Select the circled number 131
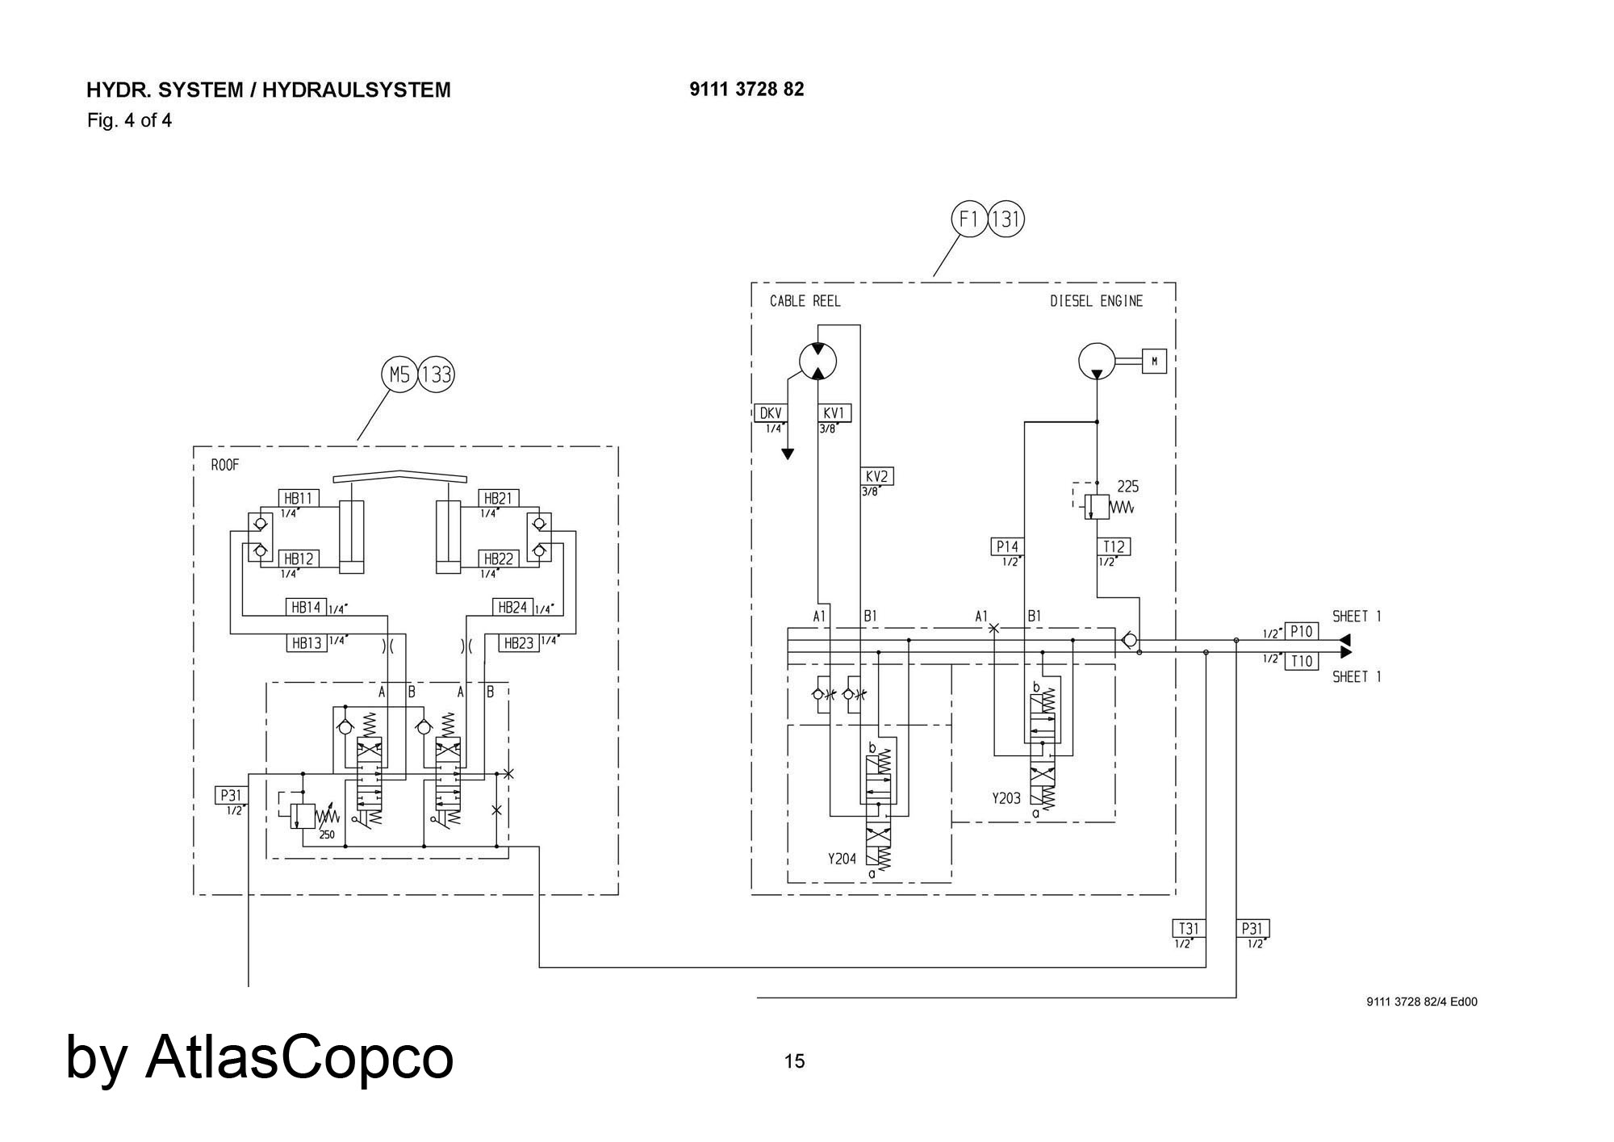click(1006, 219)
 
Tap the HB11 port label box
click(298, 498)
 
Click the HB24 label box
click(512, 607)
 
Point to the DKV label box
click(771, 413)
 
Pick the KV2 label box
click(876, 476)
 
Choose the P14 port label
click(1007, 546)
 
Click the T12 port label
click(1114, 546)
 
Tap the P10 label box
click(1301, 631)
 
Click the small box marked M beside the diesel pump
click(1154, 361)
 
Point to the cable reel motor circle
click(817, 361)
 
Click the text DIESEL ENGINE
click(1096, 301)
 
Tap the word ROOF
click(225, 465)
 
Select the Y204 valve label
click(842, 859)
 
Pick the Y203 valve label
click(1006, 798)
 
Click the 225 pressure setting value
click(1127, 487)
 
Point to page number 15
click(794, 1061)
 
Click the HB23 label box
click(519, 643)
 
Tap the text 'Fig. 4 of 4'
click(129, 121)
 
